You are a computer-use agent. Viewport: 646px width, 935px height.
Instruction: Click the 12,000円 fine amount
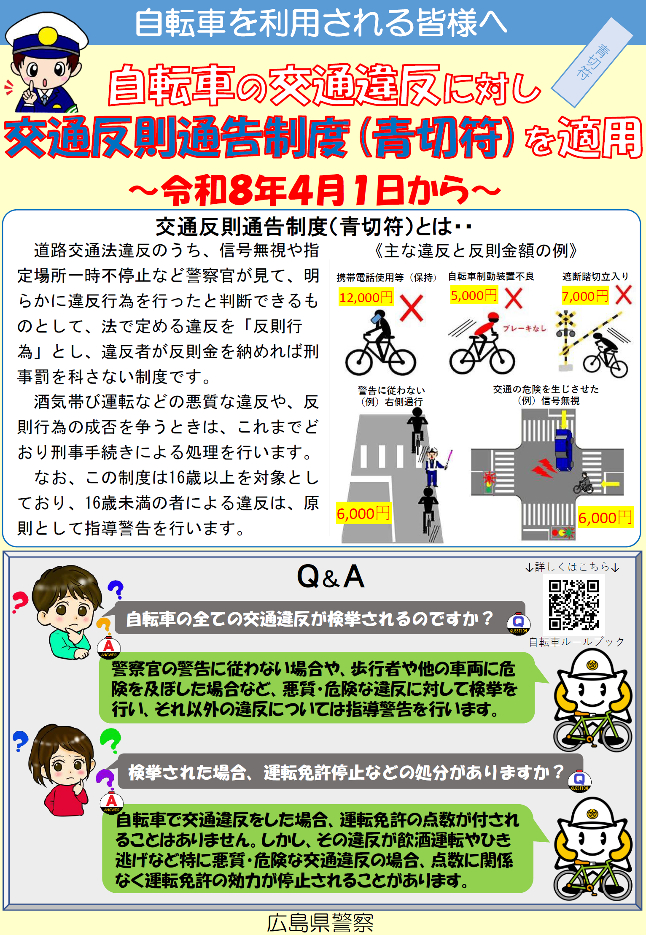(x=366, y=297)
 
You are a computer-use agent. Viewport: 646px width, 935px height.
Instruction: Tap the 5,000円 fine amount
(x=474, y=295)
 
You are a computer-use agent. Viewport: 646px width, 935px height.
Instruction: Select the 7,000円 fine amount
(x=585, y=296)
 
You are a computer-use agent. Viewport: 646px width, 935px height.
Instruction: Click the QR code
(x=574, y=605)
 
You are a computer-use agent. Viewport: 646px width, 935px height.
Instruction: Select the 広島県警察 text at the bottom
(x=320, y=923)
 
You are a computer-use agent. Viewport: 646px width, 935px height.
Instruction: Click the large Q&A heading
(x=331, y=577)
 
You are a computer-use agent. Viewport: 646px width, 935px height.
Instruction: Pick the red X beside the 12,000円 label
(x=411, y=308)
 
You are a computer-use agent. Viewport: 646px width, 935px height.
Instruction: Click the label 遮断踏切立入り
(x=595, y=276)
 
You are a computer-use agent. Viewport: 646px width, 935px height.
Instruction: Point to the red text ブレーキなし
(x=524, y=328)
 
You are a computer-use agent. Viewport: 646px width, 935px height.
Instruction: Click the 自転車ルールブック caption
(x=576, y=642)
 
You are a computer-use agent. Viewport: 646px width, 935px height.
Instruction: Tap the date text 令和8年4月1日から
(x=315, y=190)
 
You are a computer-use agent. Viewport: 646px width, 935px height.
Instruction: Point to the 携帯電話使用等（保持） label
(x=386, y=277)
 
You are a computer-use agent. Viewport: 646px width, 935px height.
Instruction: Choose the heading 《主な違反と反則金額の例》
(x=476, y=251)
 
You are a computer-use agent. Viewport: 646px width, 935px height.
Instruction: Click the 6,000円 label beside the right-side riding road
(x=363, y=513)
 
